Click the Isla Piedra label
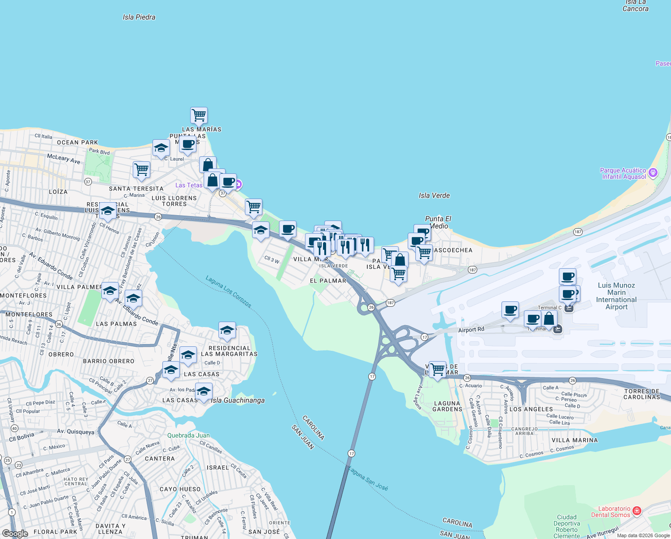(x=139, y=17)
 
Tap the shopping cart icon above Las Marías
(x=199, y=115)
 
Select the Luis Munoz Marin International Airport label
(x=616, y=296)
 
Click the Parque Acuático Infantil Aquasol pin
(x=653, y=172)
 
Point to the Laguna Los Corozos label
(x=228, y=292)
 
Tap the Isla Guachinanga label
(x=238, y=400)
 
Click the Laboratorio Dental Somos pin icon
(x=637, y=511)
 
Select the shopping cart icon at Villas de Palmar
(x=437, y=370)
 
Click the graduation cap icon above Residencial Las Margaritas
(x=227, y=330)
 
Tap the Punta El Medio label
(x=438, y=222)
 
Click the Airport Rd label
(x=471, y=330)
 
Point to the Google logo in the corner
(x=15, y=534)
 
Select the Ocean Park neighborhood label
(x=77, y=142)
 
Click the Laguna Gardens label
(x=447, y=406)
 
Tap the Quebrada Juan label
(x=188, y=435)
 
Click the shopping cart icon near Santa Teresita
(x=141, y=170)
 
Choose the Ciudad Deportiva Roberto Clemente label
(x=566, y=526)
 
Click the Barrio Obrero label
(x=109, y=361)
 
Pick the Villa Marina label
(x=575, y=440)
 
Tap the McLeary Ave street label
(x=64, y=159)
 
